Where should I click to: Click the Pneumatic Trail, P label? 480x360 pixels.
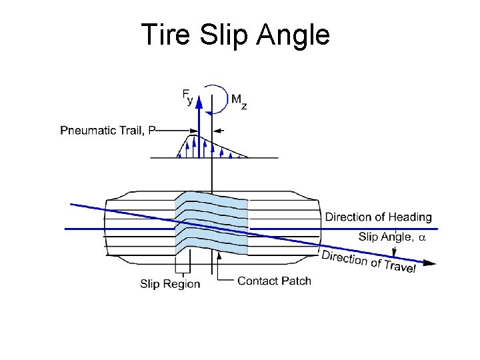pyautogui.click(x=107, y=131)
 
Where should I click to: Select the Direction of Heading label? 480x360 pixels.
pyautogui.click(x=378, y=217)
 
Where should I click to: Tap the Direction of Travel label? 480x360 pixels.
pyautogui.click(x=369, y=261)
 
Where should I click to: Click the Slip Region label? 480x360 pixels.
pyautogui.click(x=170, y=284)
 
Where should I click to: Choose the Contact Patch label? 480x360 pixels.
pyautogui.click(x=274, y=281)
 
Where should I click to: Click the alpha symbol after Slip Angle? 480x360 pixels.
pyautogui.click(x=421, y=237)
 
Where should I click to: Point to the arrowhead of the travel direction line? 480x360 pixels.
pyautogui.click(x=430, y=263)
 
